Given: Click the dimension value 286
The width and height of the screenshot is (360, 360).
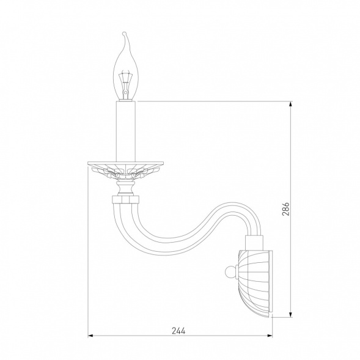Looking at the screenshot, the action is [286, 209].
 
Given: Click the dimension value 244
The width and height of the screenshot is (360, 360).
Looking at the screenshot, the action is [178, 331].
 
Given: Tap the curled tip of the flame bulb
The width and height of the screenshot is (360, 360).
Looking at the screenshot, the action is [124, 34].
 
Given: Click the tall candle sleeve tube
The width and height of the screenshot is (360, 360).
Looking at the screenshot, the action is [126, 131].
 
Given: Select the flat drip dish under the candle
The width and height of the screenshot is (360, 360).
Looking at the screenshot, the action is [125, 164].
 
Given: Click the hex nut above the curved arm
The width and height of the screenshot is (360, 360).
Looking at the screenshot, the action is [125, 199].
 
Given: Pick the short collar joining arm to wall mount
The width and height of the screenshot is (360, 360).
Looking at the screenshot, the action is [254, 243].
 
